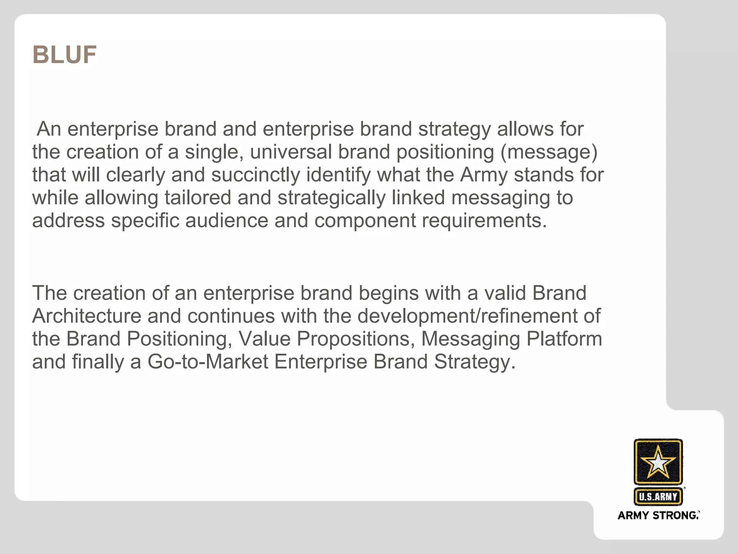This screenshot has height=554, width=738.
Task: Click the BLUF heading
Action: click(x=65, y=55)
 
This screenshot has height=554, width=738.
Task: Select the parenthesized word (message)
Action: click(x=549, y=152)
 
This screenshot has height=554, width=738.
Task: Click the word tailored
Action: click(x=197, y=198)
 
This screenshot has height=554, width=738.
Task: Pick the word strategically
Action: click(x=332, y=198)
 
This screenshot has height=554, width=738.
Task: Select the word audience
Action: click(x=227, y=220)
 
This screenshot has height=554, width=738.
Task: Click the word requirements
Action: click(x=484, y=220)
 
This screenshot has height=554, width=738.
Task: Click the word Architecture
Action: click(x=86, y=316)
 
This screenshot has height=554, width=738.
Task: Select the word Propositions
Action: click(x=356, y=339)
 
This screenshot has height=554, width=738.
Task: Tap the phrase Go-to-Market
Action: click(x=208, y=362)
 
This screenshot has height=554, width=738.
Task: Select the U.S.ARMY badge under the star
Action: click(x=658, y=497)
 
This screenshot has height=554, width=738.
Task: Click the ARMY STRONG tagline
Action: click(x=658, y=515)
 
